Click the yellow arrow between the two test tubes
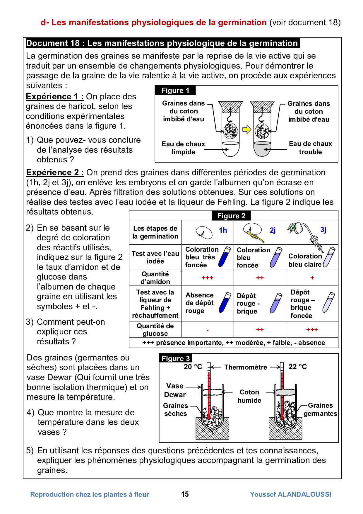(247, 129)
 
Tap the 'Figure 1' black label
(175, 90)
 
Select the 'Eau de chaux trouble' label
(310, 148)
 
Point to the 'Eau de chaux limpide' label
(183, 148)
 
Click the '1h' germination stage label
(223, 230)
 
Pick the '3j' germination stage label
(323, 230)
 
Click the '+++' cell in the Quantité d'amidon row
(208, 278)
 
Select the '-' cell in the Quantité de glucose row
(208, 330)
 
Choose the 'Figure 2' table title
(231, 216)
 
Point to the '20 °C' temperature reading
(193, 367)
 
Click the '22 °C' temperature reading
(298, 367)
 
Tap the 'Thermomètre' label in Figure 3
(246, 367)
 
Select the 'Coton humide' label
(249, 396)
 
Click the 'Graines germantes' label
(320, 409)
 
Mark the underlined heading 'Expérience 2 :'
(55, 172)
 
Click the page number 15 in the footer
(185, 494)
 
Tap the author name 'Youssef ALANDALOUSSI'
(290, 494)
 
